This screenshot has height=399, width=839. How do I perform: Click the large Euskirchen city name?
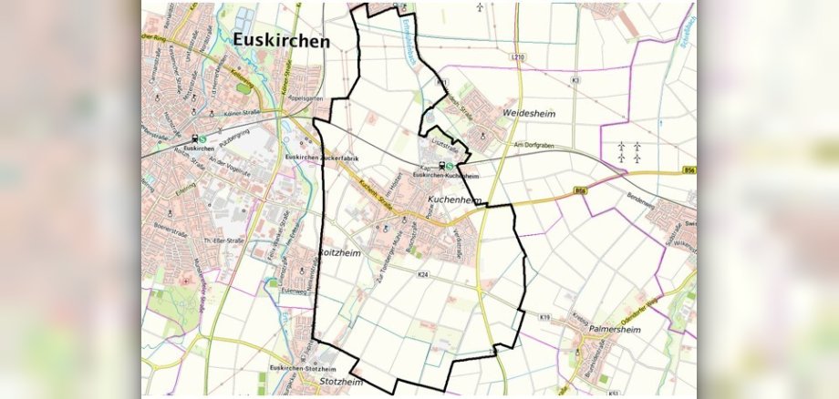pyautogui.click(x=281, y=40)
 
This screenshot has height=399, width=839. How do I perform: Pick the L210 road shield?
pyautogui.click(x=519, y=57)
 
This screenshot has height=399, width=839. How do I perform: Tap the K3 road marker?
pyautogui.click(x=575, y=81)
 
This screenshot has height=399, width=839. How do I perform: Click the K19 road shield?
pyautogui.click(x=544, y=317)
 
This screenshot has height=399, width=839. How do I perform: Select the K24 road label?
pyautogui.click(x=422, y=274)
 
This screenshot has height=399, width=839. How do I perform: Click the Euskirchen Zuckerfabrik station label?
pyautogui.click(x=335, y=159)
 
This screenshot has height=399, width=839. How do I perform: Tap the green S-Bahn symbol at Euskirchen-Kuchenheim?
pyautogui.click(x=450, y=166)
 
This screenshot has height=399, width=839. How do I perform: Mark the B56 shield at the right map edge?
pyautogui.click(x=689, y=170)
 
